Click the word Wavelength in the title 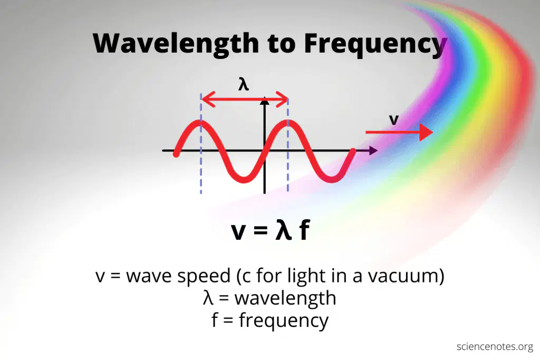click(x=176, y=44)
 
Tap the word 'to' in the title click(x=282, y=44)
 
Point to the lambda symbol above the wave click(x=244, y=84)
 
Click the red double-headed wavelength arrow click(x=245, y=100)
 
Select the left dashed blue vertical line click(x=201, y=143)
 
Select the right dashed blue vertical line click(x=288, y=144)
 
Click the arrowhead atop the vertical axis click(x=265, y=101)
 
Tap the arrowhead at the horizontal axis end click(x=373, y=150)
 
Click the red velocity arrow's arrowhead click(x=426, y=132)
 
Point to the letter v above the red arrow click(x=393, y=120)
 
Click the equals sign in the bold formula click(x=261, y=230)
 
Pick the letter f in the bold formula click(x=304, y=230)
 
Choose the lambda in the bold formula click(x=283, y=229)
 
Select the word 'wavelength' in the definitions click(x=285, y=298)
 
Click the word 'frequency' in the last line click(x=284, y=321)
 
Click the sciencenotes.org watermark click(x=495, y=347)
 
